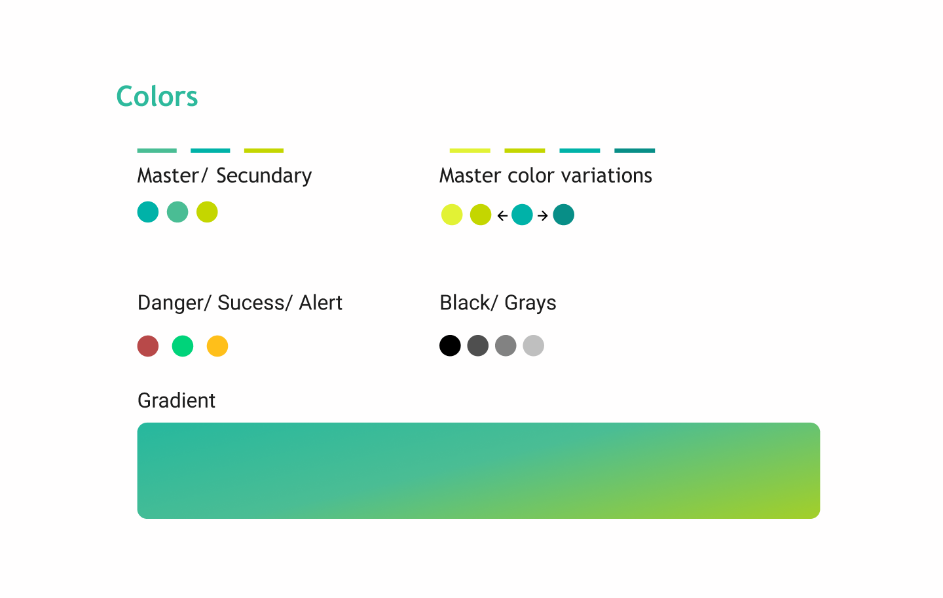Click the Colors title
tap(157, 96)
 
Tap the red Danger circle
tap(148, 346)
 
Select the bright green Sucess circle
tap(183, 346)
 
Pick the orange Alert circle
tap(217, 346)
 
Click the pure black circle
tap(450, 345)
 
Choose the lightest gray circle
tap(533, 345)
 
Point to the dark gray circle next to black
tap(478, 345)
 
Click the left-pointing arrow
tap(502, 216)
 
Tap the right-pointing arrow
tap(543, 216)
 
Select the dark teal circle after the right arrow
tap(564, 215)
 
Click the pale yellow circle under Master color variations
tap(452, 215)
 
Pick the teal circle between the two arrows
tap(522, 215)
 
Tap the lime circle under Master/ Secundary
tap(207, 212)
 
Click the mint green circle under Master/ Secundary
tap(177, 212)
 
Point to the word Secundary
tap(264, 176)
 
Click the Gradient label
tap(176, 400)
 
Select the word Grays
tap(530, 304)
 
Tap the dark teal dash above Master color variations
tap(635, 150)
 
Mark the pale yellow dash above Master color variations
tap(470, 150)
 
